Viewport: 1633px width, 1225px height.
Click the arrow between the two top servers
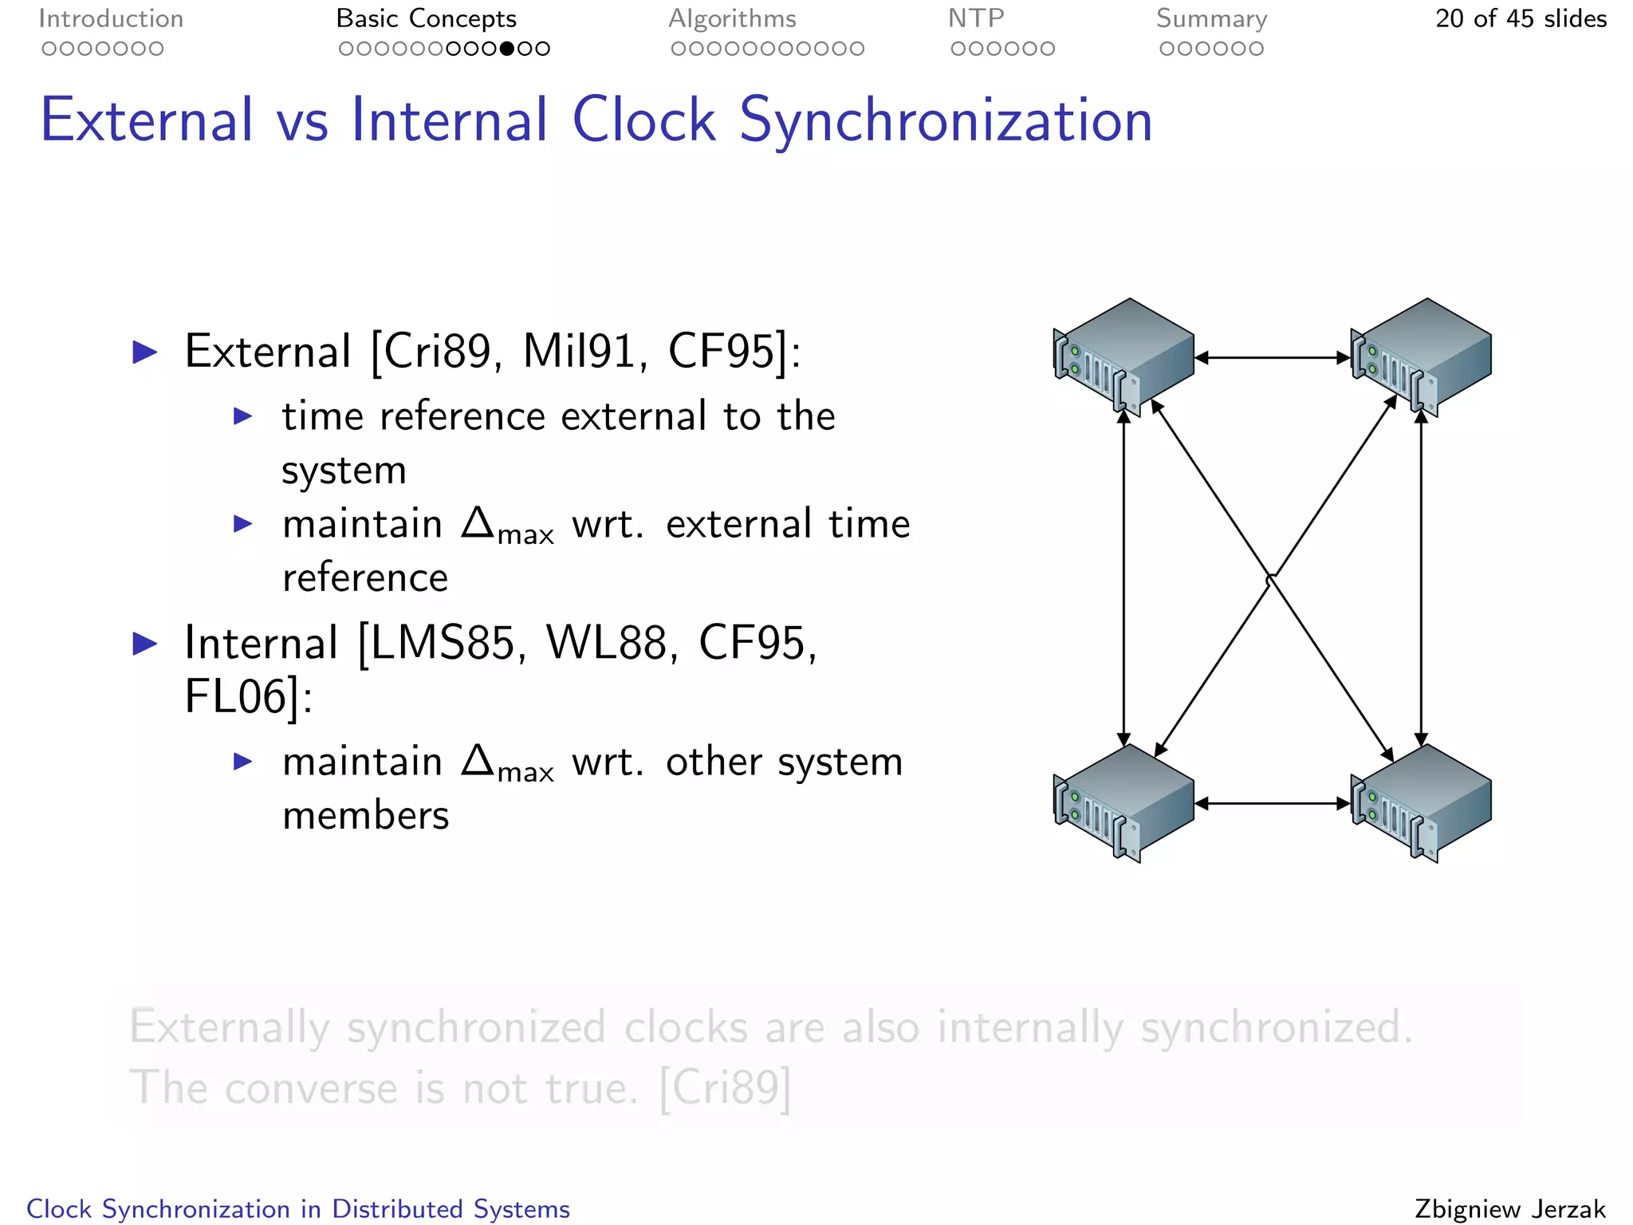point(1273,358)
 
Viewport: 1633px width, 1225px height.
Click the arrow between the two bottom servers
point(1273,804)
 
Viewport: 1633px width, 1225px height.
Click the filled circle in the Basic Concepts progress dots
point(506,49)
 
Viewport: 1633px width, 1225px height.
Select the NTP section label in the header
point(976,18)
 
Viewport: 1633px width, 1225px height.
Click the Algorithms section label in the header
point(732,18)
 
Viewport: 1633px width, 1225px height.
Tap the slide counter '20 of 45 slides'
point(1521,18)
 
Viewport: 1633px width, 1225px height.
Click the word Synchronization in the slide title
point(946,120)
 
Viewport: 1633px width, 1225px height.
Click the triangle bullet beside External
point(145,352)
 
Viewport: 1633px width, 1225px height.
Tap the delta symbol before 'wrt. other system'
point(478,760)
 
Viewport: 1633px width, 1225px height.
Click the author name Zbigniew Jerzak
point(1509,1209)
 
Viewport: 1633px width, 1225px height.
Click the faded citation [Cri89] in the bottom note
point(725,1088)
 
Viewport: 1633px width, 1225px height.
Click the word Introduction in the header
point(111,18)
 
